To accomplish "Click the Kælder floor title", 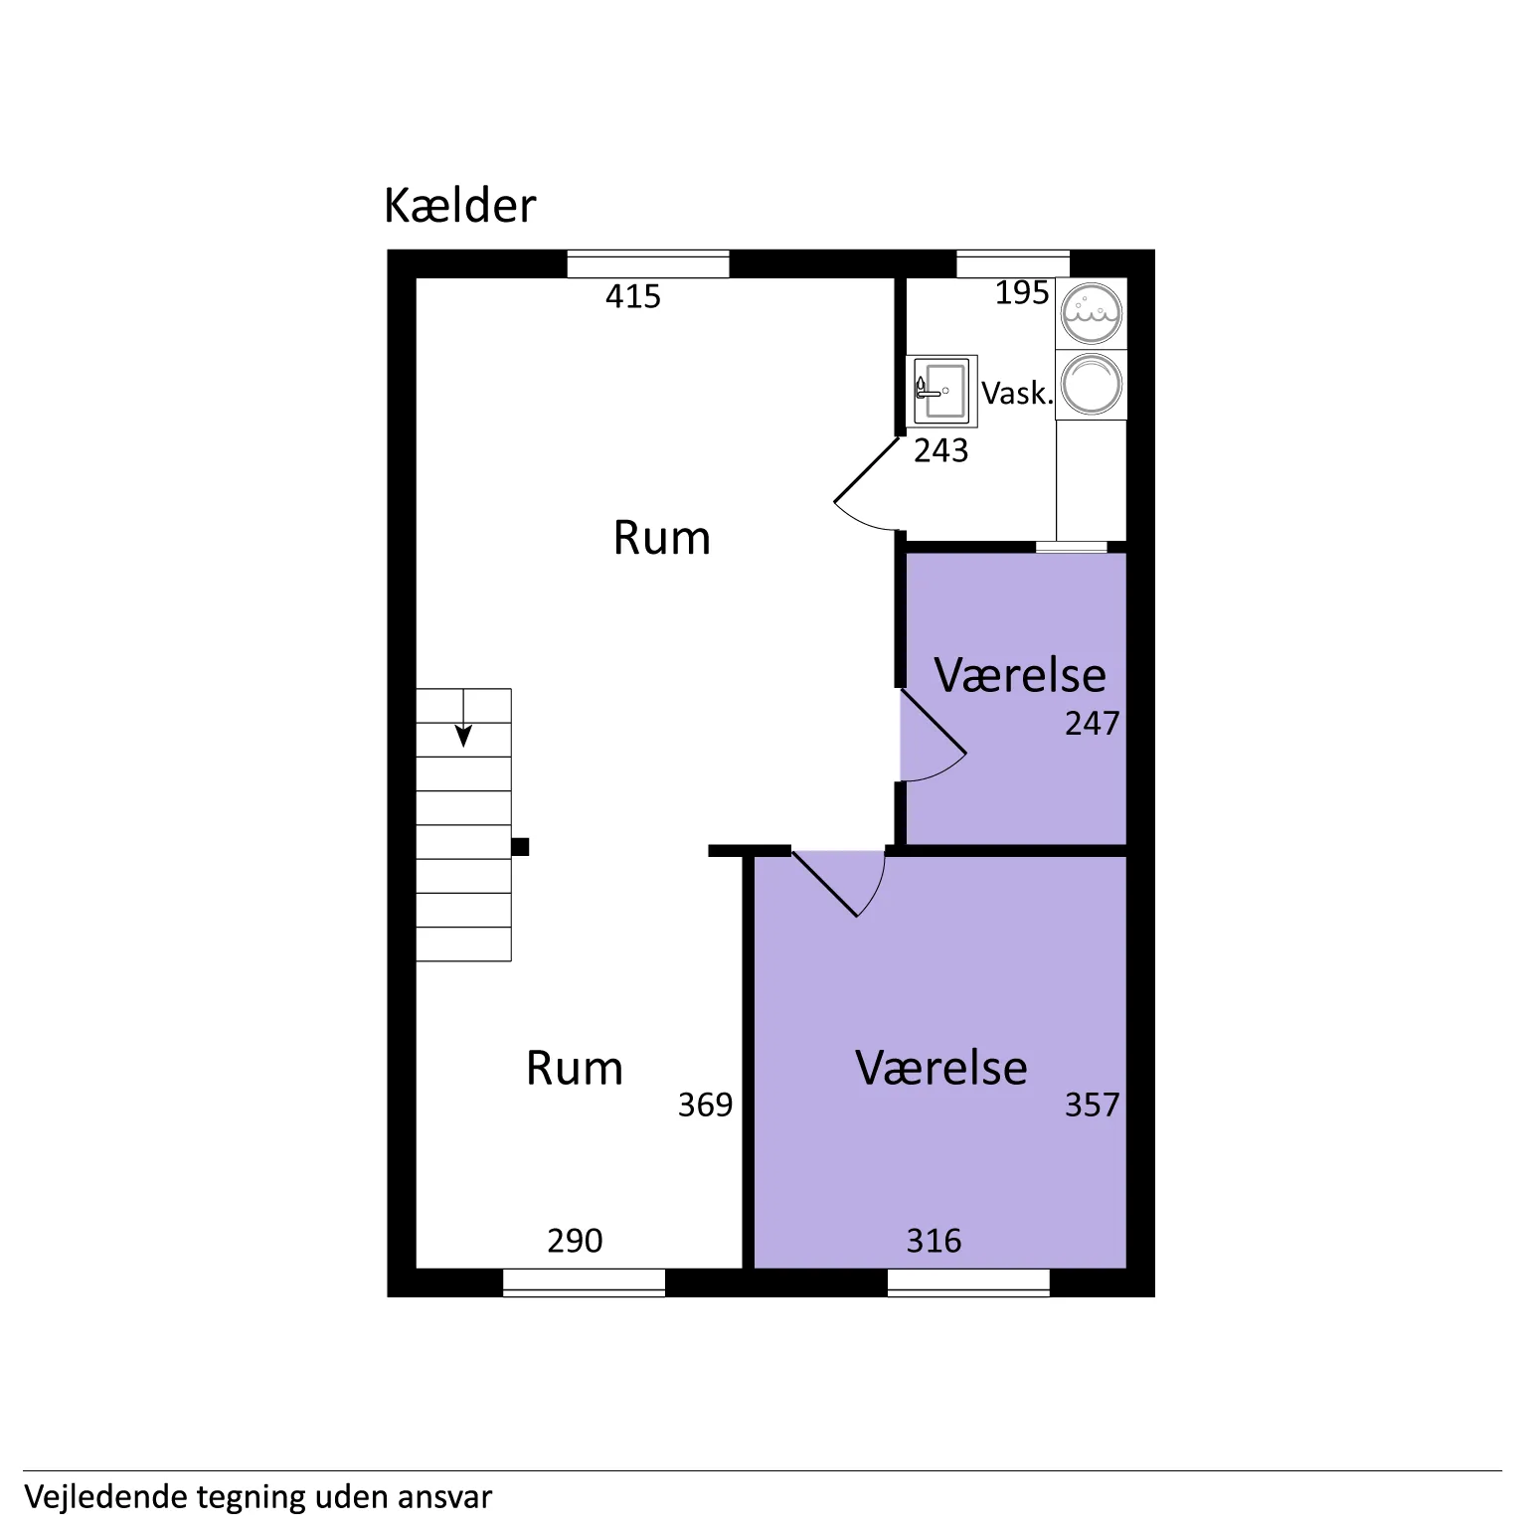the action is click(x=459, y=206).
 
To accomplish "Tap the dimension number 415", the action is click(x=633, y=296).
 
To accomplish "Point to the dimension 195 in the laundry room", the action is click(x=1022, y=292).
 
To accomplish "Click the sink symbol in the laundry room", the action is click(x=940, y=391).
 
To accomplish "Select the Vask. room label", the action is click(x=1016, y=393).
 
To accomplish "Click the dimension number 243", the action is click(x=940, y=450).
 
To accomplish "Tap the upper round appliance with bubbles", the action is click(x=1092, y=313).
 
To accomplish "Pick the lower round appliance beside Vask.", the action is click(x=1092, y=385).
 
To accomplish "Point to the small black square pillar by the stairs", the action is click(x=520, y=847).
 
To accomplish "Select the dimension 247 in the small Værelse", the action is click(x=1092, y=723).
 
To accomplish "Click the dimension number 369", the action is click(x=705, y=1105).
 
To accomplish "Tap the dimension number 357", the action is click(x=1092, y=1105).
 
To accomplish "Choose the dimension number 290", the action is click(x=575, y=1241).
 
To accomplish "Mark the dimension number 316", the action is click(x=934, y=1241).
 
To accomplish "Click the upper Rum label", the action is click(x=662, y=538).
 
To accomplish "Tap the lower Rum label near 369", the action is click(x=575, y=1069).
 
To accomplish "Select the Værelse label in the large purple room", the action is click(x=941, y=1068).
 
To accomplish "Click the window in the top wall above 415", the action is click(x=648, y=264).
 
